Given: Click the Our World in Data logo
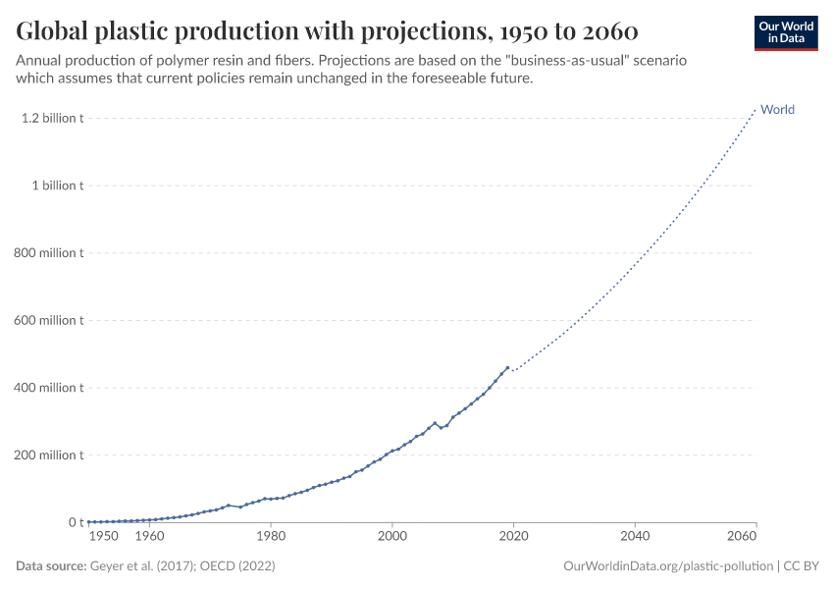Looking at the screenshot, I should tap(785, 32).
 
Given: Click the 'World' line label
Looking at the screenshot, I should tap(777, 110).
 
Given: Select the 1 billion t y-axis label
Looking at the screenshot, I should tap(57, 186).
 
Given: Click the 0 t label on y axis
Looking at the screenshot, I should tap(75, 522).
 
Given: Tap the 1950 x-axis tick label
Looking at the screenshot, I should tap(104, 537).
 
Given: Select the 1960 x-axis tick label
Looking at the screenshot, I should tap(149, 537).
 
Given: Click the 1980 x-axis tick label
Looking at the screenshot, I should tap(271, 537).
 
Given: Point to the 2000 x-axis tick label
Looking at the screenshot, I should tap(392, 537).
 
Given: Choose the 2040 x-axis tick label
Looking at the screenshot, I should tap(635, 537).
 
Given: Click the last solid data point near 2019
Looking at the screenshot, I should tap(507, 368).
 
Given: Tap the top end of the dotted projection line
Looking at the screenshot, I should tap(756, 109).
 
